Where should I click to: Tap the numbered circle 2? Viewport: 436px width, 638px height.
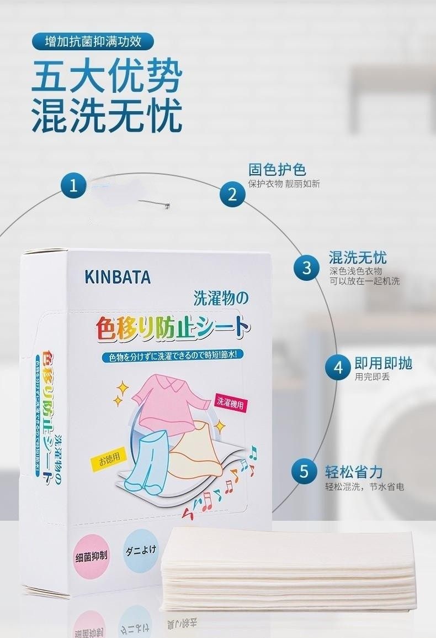(232, 194)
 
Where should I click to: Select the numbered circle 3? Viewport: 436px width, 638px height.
(307, 268)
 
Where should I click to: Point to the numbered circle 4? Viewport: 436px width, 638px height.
(338, 367)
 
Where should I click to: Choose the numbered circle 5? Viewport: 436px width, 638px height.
(304, 471)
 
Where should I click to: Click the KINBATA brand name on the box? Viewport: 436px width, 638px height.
(118, 277)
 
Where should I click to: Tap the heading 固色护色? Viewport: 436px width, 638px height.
(277, 169)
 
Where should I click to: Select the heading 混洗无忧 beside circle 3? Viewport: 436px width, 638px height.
(358, 257)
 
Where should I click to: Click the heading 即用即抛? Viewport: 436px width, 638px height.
(384, 363)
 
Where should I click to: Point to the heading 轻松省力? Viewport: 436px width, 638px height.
(354, 472)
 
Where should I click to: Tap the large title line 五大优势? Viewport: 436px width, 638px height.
(107, 78)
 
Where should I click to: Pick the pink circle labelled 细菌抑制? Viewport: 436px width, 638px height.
(91, 555)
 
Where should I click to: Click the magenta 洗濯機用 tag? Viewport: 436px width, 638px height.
(230, 403)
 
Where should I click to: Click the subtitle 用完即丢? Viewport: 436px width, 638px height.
(372, 377)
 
